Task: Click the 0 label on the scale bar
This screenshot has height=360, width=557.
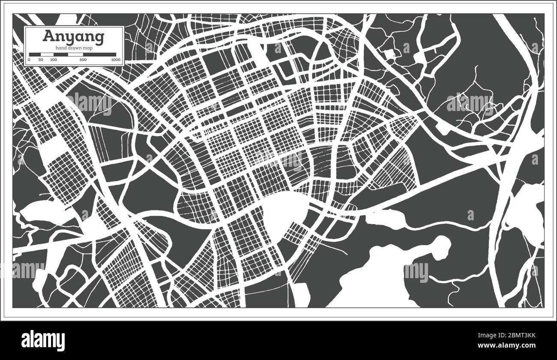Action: click(29, 60)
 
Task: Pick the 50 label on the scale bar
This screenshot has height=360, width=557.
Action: click(41, 60)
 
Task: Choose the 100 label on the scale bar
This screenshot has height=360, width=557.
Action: click(53, 60)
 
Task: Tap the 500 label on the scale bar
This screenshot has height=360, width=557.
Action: click(83, 60)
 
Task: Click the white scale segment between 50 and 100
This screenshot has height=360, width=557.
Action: click(47, 54)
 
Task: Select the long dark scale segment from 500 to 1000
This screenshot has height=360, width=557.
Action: click(99, 54)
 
